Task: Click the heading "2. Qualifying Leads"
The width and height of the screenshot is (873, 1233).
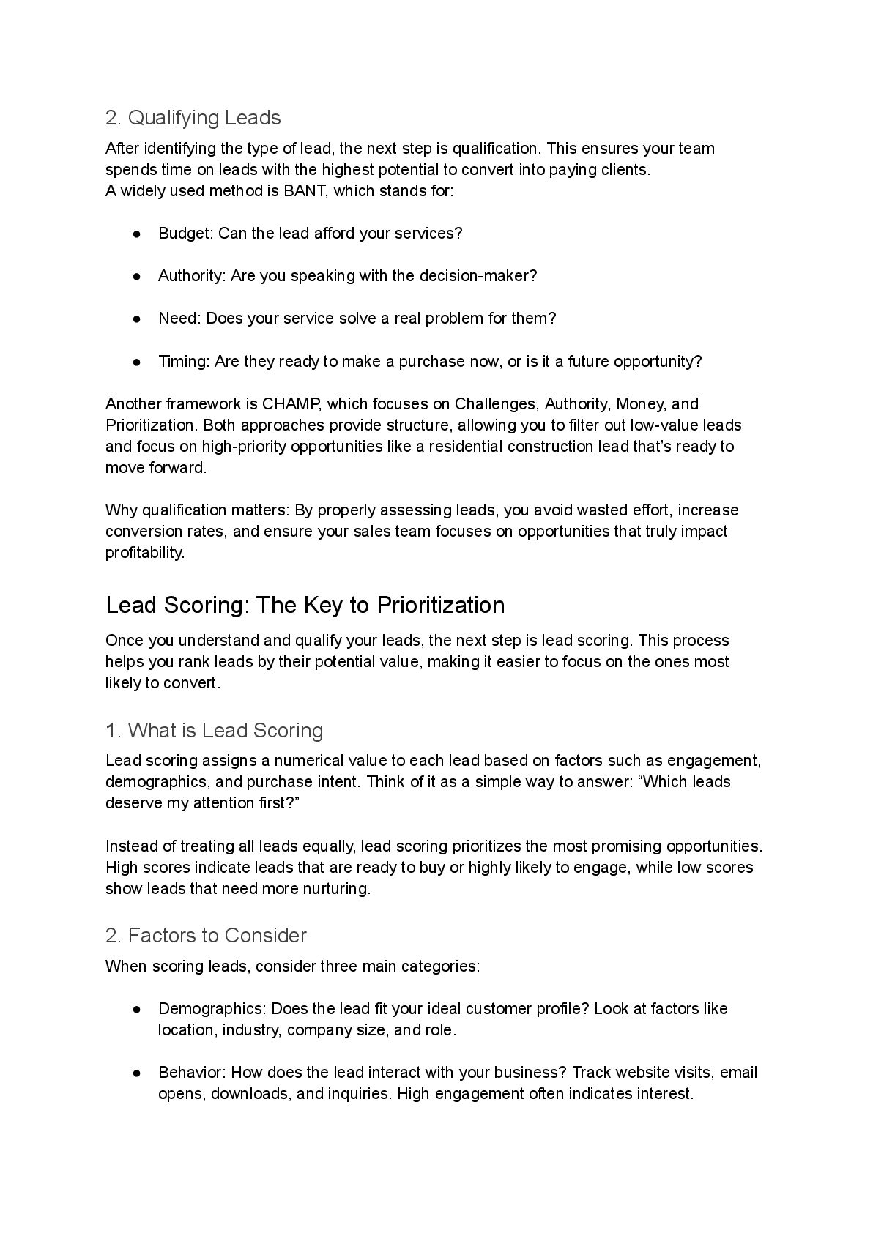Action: point(193,118)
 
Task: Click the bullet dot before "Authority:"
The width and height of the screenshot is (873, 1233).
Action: point(137,276)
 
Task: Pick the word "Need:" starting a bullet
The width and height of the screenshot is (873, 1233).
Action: point(179,319)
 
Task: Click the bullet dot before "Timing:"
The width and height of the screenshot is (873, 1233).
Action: point(137,362)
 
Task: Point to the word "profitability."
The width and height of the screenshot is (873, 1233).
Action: point(145,553)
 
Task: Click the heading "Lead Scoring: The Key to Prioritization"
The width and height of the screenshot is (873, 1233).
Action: point(305,606)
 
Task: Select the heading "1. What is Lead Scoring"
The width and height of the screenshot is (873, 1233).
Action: point(214,731)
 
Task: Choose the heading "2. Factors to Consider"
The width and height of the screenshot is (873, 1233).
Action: point(206,936)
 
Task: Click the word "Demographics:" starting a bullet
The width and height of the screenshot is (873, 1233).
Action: point(212,1009)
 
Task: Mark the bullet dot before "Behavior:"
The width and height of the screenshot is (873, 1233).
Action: point(137,1073)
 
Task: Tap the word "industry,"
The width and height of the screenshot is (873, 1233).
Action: point(252,1030)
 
